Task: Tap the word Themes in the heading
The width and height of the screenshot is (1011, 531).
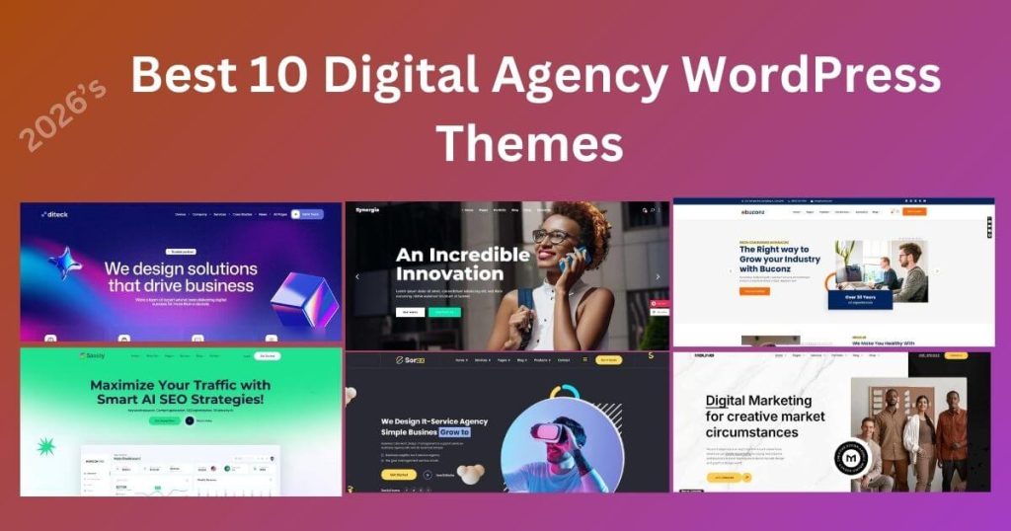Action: point(529,142)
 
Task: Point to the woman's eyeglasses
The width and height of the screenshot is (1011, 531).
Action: point(551,236)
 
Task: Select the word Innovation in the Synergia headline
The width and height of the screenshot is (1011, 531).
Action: point(449,272)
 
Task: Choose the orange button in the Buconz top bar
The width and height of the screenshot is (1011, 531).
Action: point(914,211)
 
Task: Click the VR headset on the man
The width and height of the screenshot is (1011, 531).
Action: point(548,430)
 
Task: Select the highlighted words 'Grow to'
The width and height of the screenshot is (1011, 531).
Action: point(450,432)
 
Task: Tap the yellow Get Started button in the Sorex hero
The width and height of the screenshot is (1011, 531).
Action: point(396,474)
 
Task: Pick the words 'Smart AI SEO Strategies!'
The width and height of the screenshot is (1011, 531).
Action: point(181,402)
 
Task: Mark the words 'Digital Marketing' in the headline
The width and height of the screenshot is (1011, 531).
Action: point(758,401)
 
